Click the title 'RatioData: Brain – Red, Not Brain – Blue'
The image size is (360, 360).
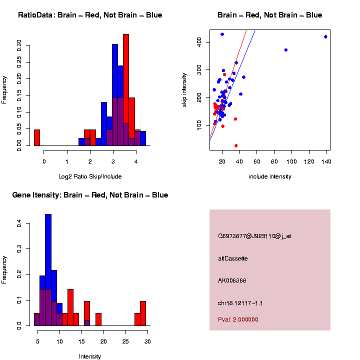(90, 15)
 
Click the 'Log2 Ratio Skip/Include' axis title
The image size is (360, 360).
(90, 176)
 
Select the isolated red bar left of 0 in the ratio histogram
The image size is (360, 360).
(37, 137)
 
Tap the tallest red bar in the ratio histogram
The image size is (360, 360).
(126, 90)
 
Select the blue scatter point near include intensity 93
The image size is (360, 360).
(285, 50)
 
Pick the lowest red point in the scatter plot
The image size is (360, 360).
(236, 145)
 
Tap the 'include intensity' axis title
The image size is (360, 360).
(270, 176)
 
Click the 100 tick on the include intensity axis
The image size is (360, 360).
(291, 161)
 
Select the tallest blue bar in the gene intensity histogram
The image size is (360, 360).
(48, 270)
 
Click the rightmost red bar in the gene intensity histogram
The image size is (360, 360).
(143, 313)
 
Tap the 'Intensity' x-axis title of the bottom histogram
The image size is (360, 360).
(90, 356)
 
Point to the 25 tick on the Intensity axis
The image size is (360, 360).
(125, 341)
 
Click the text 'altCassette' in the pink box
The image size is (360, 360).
(233, 258)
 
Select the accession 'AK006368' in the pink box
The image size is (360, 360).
(232, 280)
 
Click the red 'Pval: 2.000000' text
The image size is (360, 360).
(238, 319)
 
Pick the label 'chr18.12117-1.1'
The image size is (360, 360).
(240, 303)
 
